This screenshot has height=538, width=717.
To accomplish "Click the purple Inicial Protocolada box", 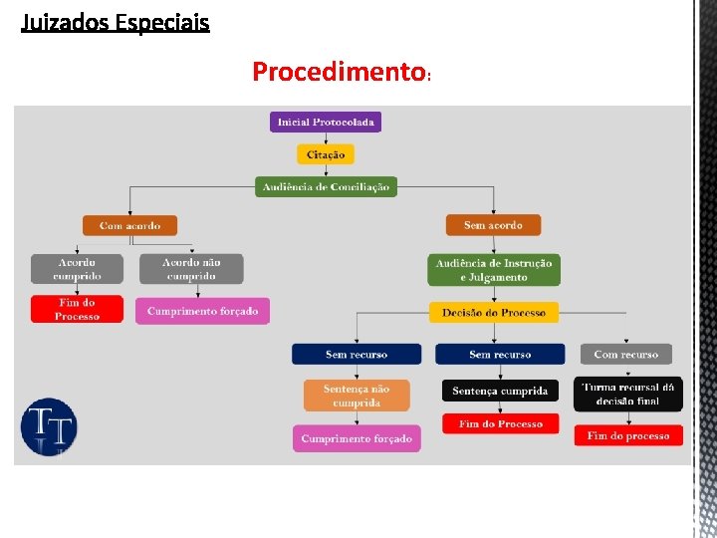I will coord(326,123).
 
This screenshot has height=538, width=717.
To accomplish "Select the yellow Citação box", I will coord(326,154).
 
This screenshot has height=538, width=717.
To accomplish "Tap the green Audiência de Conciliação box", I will coord(326,186).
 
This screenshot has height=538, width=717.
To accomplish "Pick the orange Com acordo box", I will coord(129,225).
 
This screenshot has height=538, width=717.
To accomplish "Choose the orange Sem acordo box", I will coord(493,225).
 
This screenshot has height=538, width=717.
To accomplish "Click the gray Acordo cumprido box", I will coord(78,269).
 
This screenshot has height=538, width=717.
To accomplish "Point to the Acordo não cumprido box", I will coord(191,269).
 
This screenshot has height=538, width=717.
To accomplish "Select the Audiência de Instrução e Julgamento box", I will coord(494,270).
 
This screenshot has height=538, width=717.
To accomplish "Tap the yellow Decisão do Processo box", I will coord(494,313).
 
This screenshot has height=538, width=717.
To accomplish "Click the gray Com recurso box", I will coord(625,354).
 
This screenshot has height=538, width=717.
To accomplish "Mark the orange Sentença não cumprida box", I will coord(357,396).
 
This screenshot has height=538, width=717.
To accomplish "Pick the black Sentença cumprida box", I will coord(500,391).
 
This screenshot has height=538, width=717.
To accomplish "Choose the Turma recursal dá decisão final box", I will coord(628,394).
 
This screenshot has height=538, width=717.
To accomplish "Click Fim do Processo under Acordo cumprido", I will coord(78,310).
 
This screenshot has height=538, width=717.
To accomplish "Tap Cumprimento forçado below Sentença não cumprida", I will coord(357,438).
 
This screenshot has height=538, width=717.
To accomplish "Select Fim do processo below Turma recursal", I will coord(628,435).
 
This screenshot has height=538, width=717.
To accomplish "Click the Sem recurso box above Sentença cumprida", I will coord(500,354).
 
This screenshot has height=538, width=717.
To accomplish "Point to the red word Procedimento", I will coord(339,72).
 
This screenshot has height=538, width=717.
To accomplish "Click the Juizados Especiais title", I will coord(116,22).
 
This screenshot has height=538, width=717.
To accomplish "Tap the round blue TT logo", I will coord(49,427).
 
